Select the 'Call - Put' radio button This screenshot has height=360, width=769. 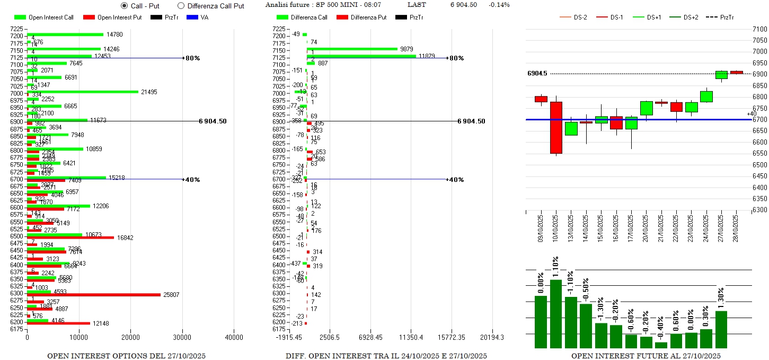tap(125, 6)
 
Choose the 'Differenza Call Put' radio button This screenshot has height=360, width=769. tap(181, 6)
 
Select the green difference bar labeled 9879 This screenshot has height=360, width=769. tap(352, 49)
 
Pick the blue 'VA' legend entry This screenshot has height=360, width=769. tap(197, 17)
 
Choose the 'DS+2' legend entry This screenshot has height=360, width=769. tap(684, 17)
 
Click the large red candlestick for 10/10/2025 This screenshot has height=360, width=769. tap(556, 127)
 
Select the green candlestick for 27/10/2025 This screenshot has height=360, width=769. tap(721, 75)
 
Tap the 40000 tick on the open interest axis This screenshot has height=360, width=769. tap(234, 337)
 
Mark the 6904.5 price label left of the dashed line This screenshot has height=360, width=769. tap(537, 73)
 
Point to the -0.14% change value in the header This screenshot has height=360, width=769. tap(499, 5)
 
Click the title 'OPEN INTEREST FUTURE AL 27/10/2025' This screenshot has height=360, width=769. tap(646, 356)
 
